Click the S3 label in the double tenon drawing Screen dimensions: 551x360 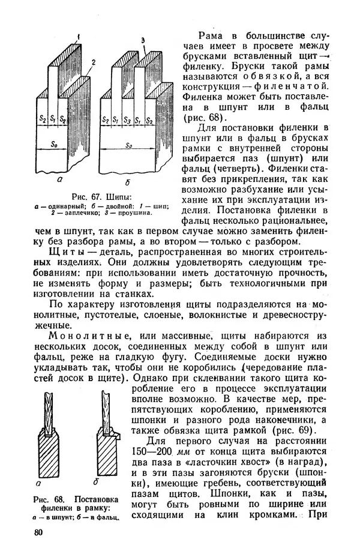click(x=128, y=119)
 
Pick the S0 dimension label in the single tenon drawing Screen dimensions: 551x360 click(x=55, y=145)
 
